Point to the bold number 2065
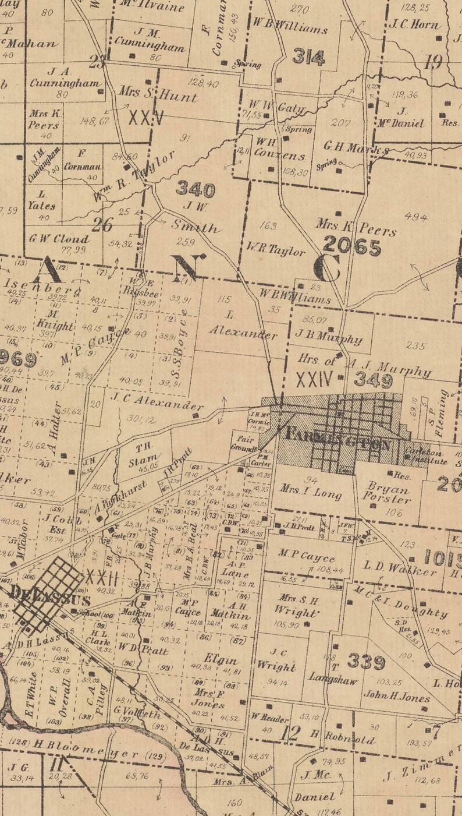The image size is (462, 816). click(x=352, y=247)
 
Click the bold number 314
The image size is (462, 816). click(x=308, y=57)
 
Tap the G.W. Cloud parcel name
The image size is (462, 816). click(x=58, y=239)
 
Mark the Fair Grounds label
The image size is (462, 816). click(x=244, y=444)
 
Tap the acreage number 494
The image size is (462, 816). click(x=415, y=217)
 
